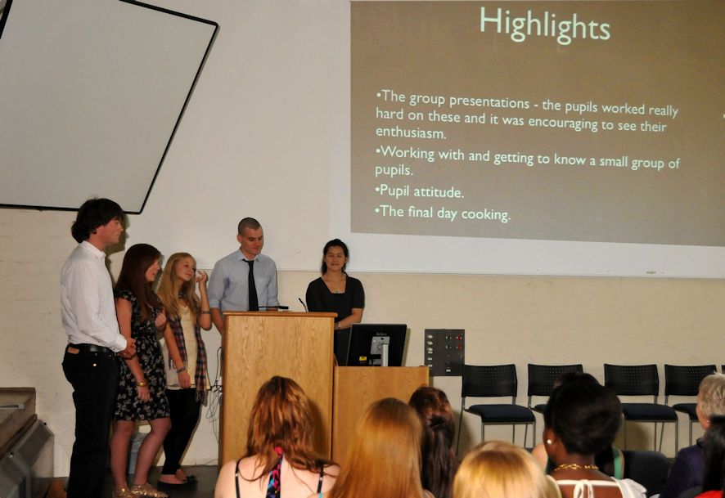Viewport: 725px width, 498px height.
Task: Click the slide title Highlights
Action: coord(545,25)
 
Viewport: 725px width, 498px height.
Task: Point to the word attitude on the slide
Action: coord(439,191)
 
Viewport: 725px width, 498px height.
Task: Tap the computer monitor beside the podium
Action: coord(376,344)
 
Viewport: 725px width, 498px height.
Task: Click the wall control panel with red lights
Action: coord(444,352)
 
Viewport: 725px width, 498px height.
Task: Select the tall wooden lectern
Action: coord(277,384)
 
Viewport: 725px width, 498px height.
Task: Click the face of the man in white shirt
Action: coord(115,230)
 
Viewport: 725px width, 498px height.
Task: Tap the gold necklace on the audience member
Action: coord(575,467)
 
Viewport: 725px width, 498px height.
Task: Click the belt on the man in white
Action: coord(91,348)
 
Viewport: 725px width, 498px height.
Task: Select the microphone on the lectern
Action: coord(303,304)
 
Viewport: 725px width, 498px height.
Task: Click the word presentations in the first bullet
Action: coord(489,101)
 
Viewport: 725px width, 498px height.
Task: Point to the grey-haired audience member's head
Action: coord(711,397)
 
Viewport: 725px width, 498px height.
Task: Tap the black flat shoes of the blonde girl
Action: coord(178,482)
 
